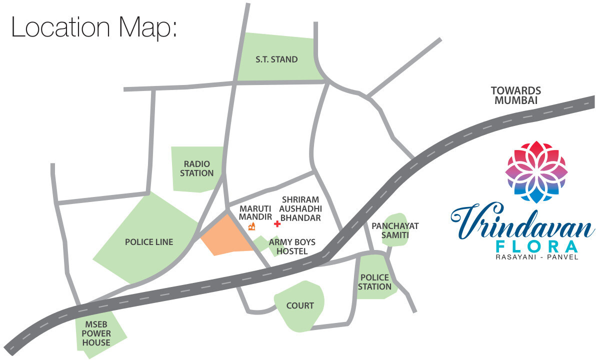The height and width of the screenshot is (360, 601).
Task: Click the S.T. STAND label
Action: [276, 59]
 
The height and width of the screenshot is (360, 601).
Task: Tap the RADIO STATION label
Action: [197, 168]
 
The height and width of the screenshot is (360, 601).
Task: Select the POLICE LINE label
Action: [149, 242]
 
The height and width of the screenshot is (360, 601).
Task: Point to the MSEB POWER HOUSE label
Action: [96, 334]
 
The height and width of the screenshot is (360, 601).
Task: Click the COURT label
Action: [300, 305]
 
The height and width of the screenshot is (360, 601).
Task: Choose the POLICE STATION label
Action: [374, 282]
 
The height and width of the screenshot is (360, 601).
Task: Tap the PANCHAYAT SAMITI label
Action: [395, 230]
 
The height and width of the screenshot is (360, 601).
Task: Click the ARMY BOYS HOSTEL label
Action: [292, 246]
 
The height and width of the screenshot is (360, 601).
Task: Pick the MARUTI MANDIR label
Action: [255, 212]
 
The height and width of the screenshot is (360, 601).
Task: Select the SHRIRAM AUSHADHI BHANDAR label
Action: [300, 208]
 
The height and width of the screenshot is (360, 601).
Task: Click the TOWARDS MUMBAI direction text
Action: [516, 95]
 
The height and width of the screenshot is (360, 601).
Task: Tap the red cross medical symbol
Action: [277, 224]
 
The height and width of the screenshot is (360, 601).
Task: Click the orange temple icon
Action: [252, 227]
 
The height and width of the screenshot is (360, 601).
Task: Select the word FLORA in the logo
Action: [535, 247]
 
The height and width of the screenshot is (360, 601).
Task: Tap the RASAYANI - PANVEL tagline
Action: [535, 257]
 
